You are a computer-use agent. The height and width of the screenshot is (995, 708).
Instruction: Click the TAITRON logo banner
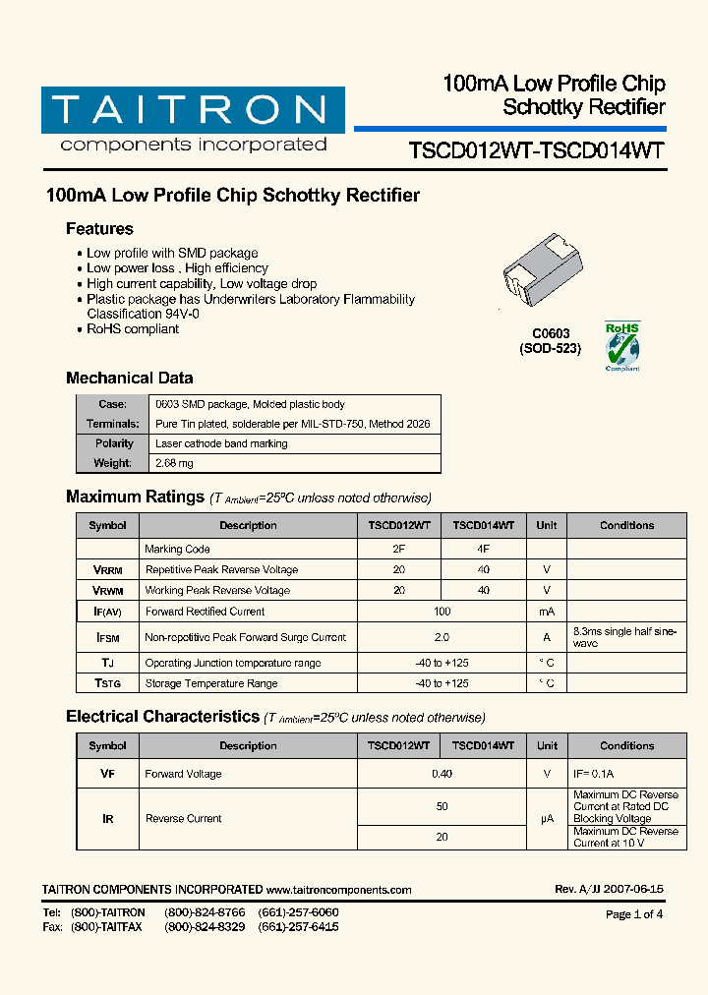[x=193, y=110]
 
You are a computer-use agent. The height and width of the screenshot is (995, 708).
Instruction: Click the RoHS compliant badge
[x=621, y=346]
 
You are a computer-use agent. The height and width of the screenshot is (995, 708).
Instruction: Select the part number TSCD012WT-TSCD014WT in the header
[x=536, y=150]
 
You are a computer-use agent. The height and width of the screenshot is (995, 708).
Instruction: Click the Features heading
[x=99, y=229]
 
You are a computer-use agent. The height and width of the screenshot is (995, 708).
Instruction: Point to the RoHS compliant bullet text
[x=133, y=329]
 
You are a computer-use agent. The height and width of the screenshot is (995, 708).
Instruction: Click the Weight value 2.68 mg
[x=174, y=463]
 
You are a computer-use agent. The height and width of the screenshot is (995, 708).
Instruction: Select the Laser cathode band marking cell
[x=221, y=443]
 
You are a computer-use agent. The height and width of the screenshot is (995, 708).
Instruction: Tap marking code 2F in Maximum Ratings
[x=398, y=549]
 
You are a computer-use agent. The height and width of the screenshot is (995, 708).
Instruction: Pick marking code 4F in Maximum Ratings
[x=483, y=549]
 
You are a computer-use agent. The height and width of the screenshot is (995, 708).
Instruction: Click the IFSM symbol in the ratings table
[x=107, y=637]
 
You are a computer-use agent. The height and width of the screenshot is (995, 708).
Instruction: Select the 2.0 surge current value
[x=442, y=637]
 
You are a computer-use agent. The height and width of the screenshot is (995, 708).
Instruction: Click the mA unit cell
[x=547, y=612]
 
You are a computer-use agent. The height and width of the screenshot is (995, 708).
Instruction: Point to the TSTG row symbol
[x=107, y=683]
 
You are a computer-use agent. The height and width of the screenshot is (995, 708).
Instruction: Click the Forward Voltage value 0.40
[x=442, y=774]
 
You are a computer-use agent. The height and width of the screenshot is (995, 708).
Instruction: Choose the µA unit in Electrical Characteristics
[x=547, y=818]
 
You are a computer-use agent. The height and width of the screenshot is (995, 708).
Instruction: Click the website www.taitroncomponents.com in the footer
[x=338, y=890]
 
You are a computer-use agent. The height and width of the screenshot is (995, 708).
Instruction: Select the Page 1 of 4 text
[x=634, y=914]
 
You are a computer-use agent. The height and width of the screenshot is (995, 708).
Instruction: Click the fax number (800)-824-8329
[x=205, y=927]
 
